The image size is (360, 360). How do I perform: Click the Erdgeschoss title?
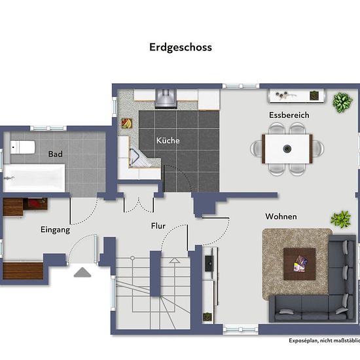point(181,48)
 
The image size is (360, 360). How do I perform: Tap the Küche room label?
point(168,141)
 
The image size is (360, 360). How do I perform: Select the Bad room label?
point(56,154)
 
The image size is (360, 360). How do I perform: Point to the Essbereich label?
point(289,115)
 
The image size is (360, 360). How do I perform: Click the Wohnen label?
point(281,217)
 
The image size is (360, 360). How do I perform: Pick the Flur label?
point(158,226)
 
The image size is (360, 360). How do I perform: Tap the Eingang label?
point(56,230)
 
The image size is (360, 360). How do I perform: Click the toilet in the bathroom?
point(22,147)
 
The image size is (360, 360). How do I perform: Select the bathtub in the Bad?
point(34,178)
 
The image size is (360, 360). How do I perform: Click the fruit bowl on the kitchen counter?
point(127,123)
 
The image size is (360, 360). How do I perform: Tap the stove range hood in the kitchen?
point(166,99)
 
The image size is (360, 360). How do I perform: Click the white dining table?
point(287,149)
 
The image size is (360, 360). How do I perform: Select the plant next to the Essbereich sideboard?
point(342,103)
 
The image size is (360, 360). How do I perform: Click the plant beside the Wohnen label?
point(341,219)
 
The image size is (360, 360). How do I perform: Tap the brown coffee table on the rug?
point(299,264)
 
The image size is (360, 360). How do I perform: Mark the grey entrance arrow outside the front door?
point(82,272)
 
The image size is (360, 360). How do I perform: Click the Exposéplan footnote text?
point(324,340)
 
